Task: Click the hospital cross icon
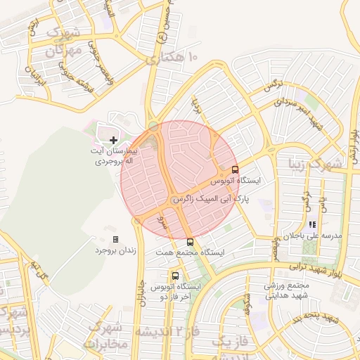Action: coord(114,141)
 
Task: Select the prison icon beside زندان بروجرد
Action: coord(116,240)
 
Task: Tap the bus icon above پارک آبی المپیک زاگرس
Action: coord(235,169)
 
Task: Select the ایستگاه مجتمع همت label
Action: coord(194,252)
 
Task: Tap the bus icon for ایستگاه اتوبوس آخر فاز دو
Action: coord(175,276)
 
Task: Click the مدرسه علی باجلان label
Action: coord(313,236)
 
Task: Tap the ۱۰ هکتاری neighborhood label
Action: coord(173,60)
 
